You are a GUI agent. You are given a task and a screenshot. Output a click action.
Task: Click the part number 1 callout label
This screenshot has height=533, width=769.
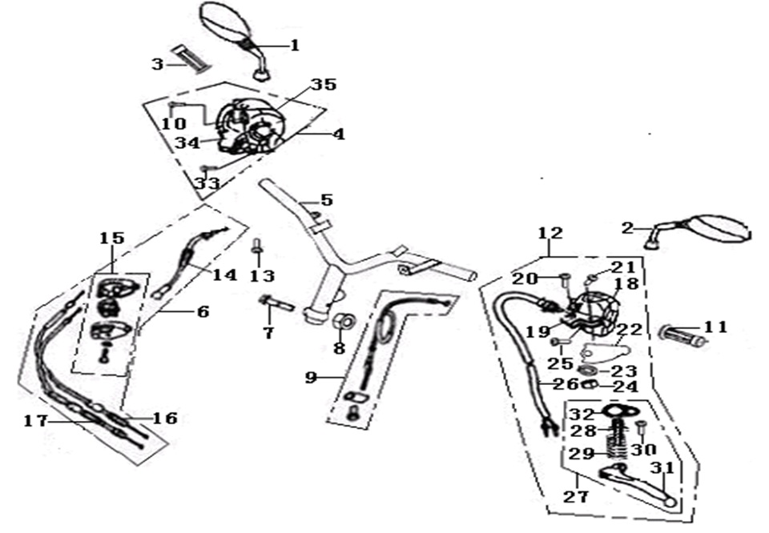294,46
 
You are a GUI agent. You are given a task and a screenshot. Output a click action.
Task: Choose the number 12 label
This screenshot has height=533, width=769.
550,234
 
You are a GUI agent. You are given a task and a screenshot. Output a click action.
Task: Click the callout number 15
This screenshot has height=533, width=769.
112,238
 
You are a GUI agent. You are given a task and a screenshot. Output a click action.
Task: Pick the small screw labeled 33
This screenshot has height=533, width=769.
205,169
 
